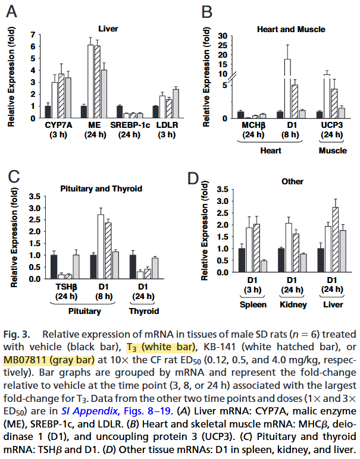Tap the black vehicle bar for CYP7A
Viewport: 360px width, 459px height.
point(48,112)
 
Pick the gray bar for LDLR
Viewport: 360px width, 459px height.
point(176,103)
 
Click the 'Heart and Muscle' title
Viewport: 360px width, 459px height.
point(290,28)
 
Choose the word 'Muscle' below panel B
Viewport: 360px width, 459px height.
point(333,150)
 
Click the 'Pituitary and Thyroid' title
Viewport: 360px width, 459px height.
point(101,188)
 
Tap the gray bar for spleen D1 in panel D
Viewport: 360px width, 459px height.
point(264,269)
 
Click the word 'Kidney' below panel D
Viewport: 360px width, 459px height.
point(292,305)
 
